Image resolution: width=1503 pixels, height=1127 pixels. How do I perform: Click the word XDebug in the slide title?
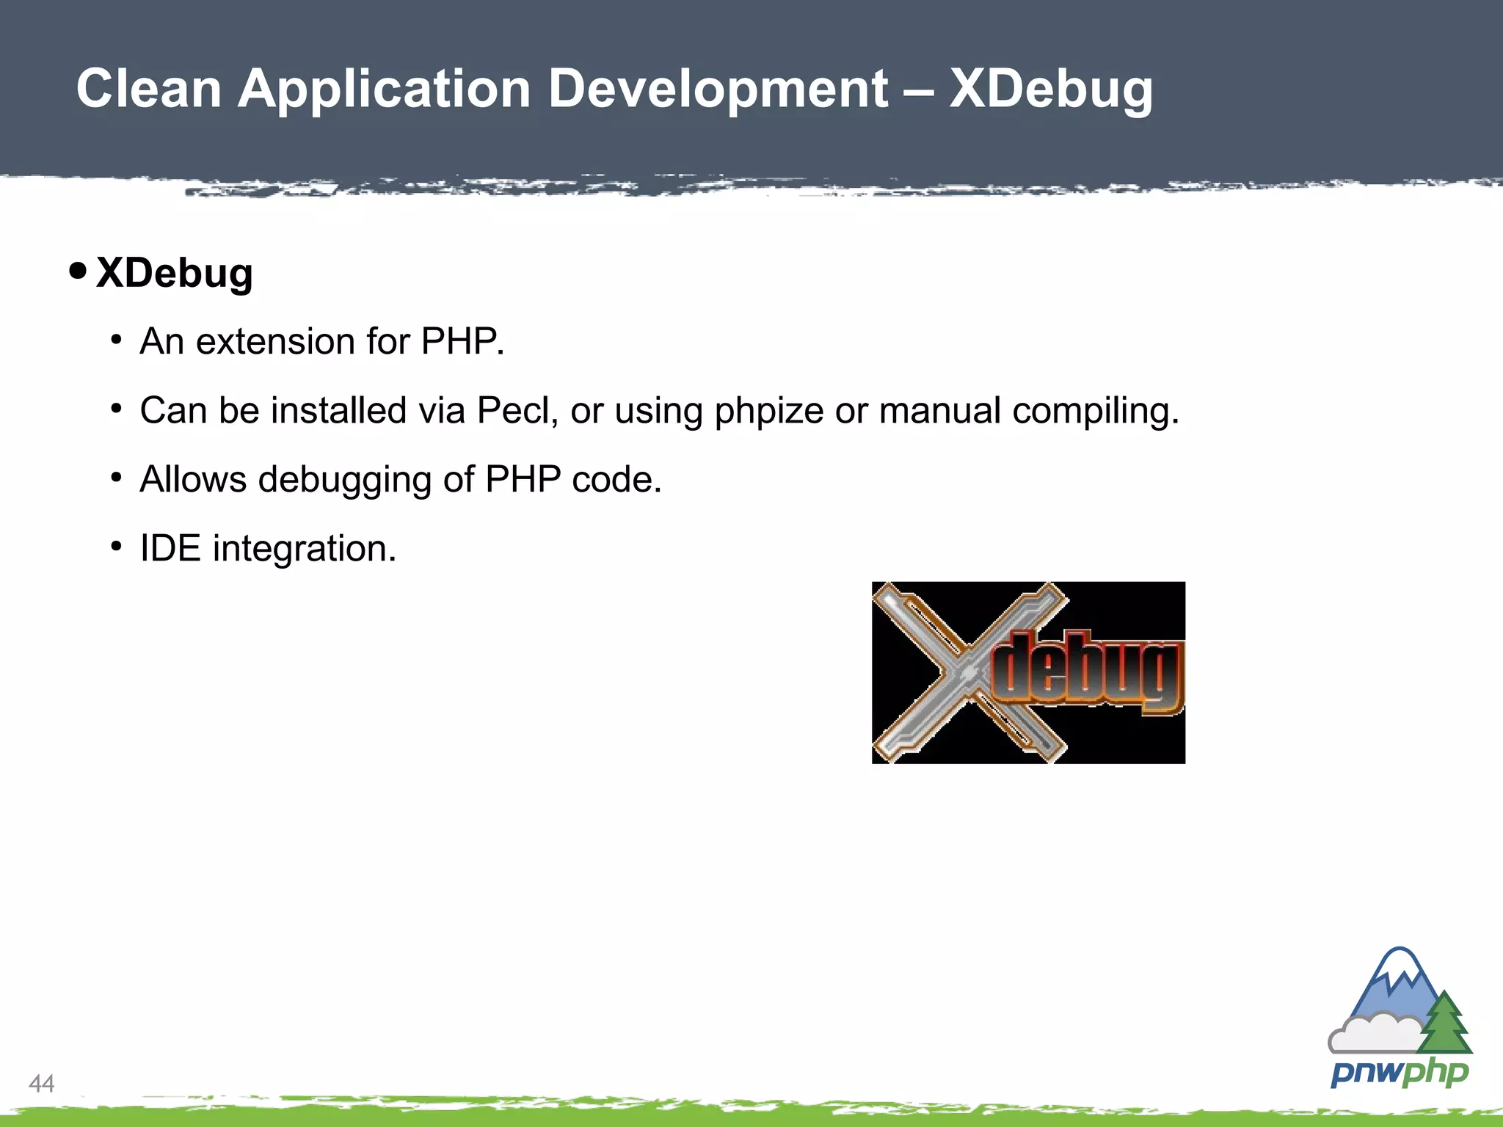(1050, 90)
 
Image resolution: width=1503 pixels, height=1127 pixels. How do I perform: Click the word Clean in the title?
(149, 90)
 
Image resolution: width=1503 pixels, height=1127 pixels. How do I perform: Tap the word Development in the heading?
(718, 90)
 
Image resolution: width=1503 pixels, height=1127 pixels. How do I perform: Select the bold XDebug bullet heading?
(174, 273)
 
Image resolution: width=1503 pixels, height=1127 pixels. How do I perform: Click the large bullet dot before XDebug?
(77, 271)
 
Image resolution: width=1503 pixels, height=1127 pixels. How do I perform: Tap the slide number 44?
(41, 1083)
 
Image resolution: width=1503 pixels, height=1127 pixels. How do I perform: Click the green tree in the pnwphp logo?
(1444, 1024)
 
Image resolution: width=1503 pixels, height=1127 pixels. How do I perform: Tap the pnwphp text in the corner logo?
(1399, 1073)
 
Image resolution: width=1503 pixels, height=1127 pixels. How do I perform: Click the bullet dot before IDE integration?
(116, 547)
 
